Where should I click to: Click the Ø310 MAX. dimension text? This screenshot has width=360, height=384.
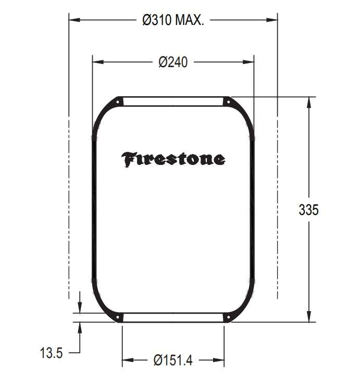[173, 20]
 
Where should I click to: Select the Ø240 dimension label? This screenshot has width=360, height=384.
[173, 62]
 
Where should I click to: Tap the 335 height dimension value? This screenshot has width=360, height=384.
[309, 210]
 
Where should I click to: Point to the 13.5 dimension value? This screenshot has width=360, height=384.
[51, 353]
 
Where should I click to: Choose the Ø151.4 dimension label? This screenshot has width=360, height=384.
[173, 360]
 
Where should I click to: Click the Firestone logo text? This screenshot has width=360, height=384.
[173, 160]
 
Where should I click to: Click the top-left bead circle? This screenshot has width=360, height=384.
[118, 101]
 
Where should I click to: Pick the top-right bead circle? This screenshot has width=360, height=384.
[228, 101]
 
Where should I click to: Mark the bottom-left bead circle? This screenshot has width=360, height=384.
[118, 317]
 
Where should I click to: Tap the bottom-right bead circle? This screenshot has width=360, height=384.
[228, 317]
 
